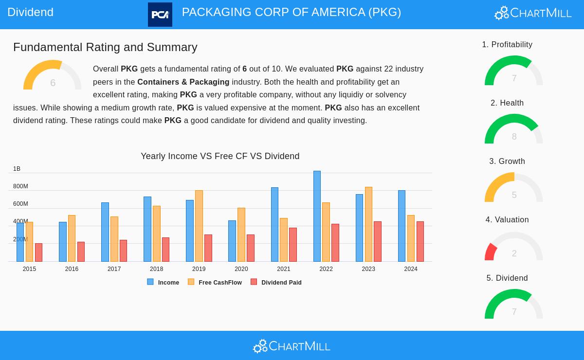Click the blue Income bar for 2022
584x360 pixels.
(x=317, y=216)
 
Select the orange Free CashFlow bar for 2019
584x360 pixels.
(x=199, y=226)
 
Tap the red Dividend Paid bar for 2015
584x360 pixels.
(x=38, y=252)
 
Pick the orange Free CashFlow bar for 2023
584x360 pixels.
(x=368, y=224)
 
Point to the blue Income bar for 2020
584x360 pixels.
(x=232, y=241)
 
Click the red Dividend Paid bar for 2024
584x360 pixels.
(x=420, y=242)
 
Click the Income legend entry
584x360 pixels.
(x=164, y=282)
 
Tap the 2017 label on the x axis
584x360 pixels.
(x=114, y=269)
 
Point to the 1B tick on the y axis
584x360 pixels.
(x=17, y=169)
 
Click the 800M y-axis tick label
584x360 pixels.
(x=20, y=186)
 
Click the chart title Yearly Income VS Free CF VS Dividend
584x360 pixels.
(x=220, y=156)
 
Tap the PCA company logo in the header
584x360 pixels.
(x=160, y=15)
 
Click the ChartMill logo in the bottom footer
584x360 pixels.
(x=292, y=346)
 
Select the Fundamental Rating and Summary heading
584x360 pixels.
(x=105, y=47)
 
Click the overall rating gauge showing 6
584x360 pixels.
(x=52, y=76)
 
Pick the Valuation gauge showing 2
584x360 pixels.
(x=513, y=247)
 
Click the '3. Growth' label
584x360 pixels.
(x=507, y=161)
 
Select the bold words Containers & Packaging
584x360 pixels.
(x=183, y=82)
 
